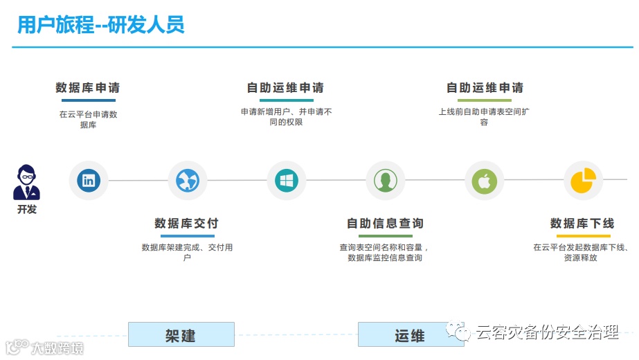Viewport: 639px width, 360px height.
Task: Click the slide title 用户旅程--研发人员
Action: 101,26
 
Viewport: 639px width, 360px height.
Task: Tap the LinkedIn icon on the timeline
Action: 89,181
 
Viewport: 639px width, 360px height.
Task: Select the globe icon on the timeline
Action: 188,181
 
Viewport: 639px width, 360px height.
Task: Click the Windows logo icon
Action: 286,181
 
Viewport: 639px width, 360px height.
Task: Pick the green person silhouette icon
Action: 385,181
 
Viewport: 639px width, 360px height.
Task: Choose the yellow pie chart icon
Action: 583,181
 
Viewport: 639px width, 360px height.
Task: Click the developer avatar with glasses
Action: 27,182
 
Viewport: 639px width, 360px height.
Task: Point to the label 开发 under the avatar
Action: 27,209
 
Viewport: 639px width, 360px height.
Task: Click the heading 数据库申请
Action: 88,88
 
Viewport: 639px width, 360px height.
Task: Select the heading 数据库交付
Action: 186,224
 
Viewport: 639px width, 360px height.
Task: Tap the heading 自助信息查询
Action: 385,224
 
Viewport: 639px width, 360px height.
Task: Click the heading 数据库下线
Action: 582,224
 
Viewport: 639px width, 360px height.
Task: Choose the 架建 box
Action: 181,335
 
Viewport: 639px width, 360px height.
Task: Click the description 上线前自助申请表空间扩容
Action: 484,116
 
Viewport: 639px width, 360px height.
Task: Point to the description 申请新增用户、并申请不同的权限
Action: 286,116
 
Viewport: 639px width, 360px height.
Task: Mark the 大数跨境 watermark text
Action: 55,348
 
